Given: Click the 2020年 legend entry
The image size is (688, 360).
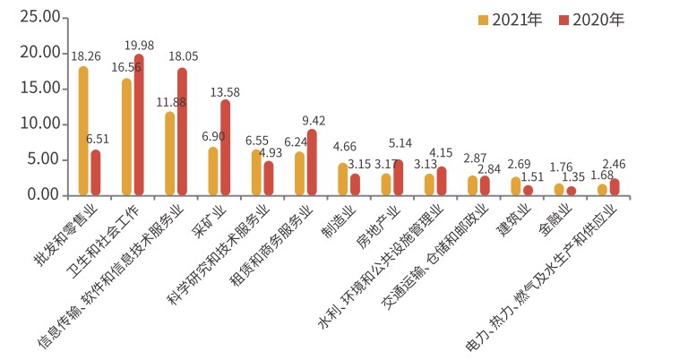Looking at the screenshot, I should click(x=590, y=20).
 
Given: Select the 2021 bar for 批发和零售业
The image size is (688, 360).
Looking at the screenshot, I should click(x=83, y=131).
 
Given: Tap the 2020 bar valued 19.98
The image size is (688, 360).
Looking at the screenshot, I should click(x=139, y=124).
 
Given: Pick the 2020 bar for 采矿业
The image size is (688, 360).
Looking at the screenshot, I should click(x=225, y=147).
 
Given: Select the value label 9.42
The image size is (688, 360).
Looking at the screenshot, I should click(x=314, y=119).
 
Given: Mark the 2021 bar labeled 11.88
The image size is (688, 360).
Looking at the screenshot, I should click(x=169, y=153).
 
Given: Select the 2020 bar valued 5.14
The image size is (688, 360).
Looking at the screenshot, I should click(x=398, y=177).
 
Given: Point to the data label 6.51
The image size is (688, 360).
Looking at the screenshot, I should click(x=98, y=139).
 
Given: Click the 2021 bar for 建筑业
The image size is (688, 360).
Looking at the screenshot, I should click(x=515, y=185).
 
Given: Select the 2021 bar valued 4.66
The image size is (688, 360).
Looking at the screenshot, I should click(x=342, y=178).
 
